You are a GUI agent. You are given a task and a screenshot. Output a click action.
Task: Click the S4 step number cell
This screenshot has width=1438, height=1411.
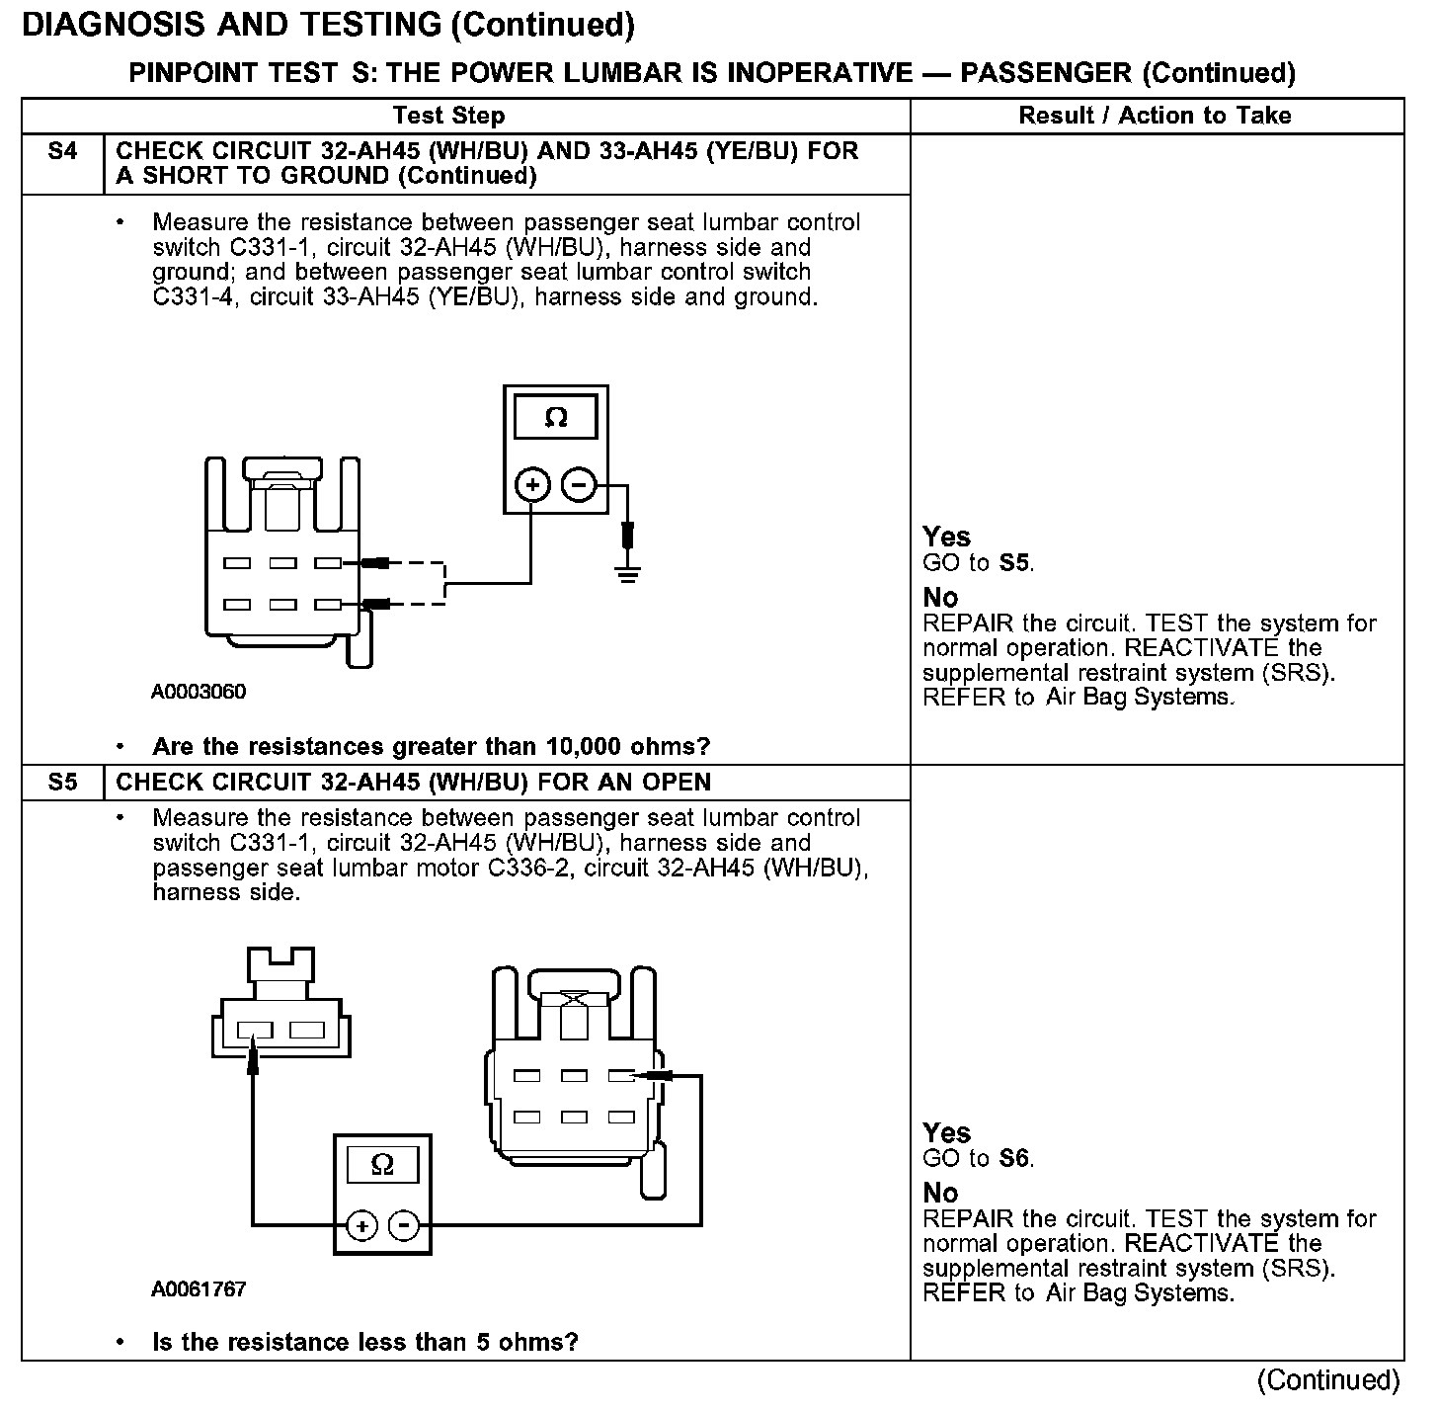click(61, 152)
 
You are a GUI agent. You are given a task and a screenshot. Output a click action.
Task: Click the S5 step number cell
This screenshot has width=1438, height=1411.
click(61, 783)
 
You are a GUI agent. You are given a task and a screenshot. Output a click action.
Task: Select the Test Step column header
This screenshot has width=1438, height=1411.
click(448, 116)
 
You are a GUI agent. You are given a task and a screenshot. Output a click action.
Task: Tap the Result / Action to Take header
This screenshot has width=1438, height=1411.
click(1155, 116)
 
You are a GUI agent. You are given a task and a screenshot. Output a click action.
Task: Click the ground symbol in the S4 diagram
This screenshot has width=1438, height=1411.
click(627, 571)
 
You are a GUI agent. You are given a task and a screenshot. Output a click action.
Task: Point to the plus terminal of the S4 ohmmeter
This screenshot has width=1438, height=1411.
click(532, 485)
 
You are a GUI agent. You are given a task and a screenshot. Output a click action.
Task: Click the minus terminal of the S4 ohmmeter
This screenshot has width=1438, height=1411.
click(579, 485)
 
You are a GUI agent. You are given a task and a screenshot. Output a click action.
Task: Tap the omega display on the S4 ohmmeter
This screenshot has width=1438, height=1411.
click(556, 418)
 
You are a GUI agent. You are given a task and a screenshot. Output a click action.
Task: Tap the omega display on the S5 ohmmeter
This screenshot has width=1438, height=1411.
click(382, 1165)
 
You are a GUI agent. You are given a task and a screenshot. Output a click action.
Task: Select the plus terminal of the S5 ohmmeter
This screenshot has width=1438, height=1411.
click(362, 1227)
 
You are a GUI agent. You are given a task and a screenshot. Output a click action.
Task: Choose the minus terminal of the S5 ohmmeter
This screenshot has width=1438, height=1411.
click(405, 1227)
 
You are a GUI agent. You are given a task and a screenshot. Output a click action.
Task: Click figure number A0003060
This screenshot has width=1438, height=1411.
click(199, 692)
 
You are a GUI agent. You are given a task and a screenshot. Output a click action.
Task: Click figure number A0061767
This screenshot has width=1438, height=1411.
click(199, 1289)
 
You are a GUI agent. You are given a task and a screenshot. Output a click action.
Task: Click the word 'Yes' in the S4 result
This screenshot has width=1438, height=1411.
click(946, 537)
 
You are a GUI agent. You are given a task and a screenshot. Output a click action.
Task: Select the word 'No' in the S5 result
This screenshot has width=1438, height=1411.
click(940, 1193)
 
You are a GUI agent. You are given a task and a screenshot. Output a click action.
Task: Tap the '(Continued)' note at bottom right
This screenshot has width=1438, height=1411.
click(1328, 1380)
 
